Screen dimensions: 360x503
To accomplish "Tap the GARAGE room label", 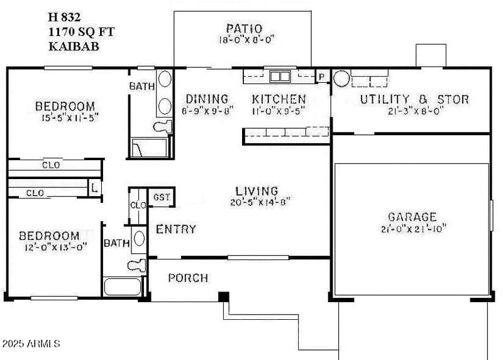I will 412,217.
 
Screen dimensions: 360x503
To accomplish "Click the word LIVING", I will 257,190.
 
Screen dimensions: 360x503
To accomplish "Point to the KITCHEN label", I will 279,99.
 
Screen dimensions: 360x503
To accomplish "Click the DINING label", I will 206,99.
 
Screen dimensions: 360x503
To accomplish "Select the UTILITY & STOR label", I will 414,99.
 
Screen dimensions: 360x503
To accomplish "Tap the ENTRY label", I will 176,229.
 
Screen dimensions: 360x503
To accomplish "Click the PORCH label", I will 188,278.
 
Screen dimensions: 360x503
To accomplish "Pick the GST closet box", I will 161,197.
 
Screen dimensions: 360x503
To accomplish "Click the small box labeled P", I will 322,77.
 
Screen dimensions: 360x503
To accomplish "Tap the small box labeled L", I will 94,187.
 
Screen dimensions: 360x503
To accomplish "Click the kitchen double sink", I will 280,77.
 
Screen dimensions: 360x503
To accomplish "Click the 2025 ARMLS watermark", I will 31,344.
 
